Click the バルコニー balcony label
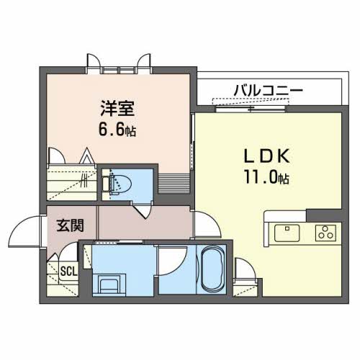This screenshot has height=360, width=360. point(268,90)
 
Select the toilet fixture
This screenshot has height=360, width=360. point(119,182)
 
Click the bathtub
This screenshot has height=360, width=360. point(212,269)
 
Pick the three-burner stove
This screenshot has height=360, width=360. point(325,232)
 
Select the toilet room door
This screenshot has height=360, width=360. point(145,210)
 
